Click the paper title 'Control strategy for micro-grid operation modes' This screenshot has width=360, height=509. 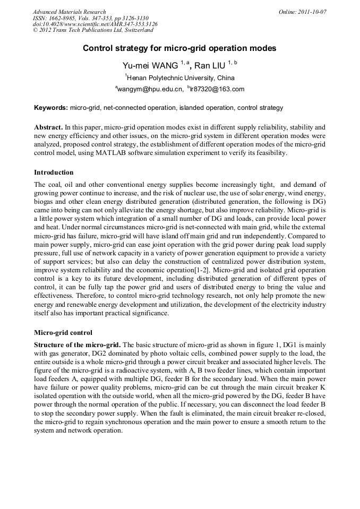[179, 48]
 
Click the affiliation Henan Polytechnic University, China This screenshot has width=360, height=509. [180, 77]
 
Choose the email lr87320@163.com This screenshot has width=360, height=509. [217, 89]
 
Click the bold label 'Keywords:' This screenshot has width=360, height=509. [51, 108]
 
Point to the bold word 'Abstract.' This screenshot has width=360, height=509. [48, 127]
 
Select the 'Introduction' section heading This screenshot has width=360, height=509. [54, 172]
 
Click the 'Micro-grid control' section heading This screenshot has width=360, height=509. [63, 333]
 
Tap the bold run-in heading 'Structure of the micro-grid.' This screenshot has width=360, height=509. [78, 344]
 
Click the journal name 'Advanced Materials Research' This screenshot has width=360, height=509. [69, 12]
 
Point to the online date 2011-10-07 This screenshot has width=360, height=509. [312, 12]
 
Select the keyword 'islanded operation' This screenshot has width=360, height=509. [206, 108]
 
